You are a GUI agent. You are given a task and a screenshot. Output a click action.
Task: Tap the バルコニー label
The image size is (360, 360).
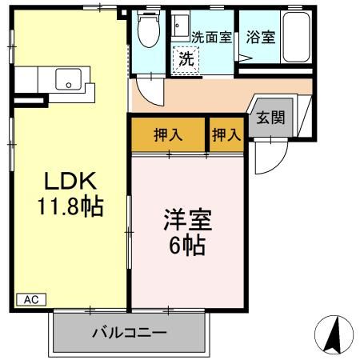128,331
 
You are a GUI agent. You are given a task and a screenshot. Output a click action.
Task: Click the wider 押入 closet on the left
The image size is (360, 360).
168,134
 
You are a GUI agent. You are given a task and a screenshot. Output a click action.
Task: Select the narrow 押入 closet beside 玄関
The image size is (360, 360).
226,134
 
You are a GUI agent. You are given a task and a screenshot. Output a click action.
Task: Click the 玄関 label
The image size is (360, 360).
268,118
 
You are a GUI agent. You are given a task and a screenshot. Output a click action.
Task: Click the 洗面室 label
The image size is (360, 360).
212,37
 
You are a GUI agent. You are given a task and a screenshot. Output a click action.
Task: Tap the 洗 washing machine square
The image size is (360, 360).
186,58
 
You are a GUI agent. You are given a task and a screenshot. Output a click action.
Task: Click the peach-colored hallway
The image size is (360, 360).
192,98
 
